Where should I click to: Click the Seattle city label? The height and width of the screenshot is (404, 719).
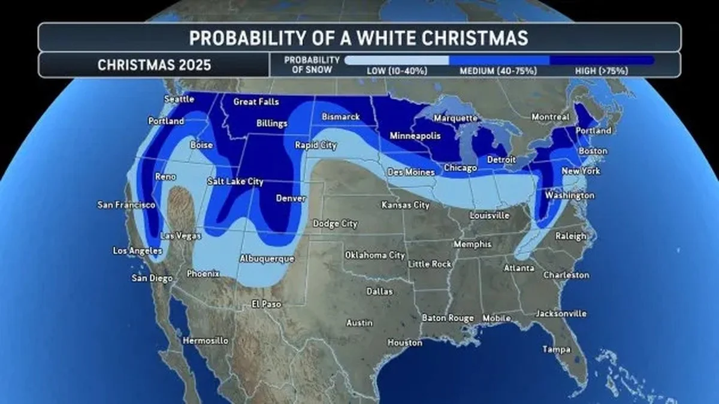click(179, 99)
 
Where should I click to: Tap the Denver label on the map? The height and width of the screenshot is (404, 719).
click(291, 198)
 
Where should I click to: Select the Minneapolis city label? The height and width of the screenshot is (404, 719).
click(415, 136)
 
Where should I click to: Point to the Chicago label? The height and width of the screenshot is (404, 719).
click(461, 168)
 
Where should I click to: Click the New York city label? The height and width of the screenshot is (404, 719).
click(581, 171)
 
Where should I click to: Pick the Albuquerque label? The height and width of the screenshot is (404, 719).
click(267, 259)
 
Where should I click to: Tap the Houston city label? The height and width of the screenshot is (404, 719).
click(404, 343)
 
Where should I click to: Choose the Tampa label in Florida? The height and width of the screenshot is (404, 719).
click(557, 349)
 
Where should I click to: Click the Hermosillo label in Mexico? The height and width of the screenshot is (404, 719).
click(206, 340)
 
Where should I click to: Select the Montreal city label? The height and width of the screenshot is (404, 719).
click(550, 117)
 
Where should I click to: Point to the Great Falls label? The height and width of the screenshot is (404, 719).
click(256, 102)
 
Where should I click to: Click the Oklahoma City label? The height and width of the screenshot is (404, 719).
click(375, 255)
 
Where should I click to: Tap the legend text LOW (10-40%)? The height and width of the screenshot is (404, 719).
click(397, 71)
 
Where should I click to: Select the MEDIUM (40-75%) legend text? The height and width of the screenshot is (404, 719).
click(498, 71)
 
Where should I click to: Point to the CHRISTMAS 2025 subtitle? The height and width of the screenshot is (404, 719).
click(154, 65)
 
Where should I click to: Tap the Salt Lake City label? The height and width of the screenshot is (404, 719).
click(235, 181)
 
